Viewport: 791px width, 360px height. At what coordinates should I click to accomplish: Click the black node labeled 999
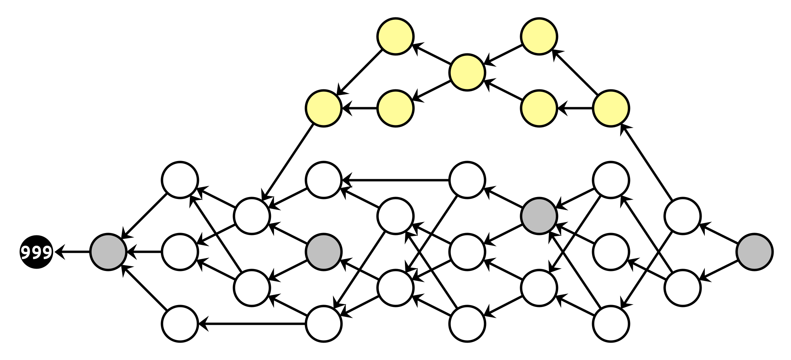[36, 252]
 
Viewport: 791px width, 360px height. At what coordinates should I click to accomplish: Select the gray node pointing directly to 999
[108, 252]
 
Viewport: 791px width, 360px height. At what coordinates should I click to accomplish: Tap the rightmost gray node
[754, 252]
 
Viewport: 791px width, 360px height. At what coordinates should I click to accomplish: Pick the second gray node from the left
[324, 252]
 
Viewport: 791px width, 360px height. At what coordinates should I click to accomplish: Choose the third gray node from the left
[539, 216]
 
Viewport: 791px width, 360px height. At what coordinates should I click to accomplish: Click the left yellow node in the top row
[395, 36]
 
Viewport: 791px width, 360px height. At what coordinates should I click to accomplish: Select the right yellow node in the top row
[539, 36]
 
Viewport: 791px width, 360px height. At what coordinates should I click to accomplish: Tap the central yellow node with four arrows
[467, 72]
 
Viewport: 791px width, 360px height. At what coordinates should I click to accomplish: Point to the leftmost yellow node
[324, 108]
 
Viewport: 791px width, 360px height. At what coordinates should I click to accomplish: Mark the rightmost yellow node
[611, 108]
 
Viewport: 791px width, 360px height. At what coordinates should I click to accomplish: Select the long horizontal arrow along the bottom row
[253, 324]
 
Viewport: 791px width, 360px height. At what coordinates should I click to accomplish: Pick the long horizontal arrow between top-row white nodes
[395, 180]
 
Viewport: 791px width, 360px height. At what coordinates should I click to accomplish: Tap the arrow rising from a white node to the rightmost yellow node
[647, 162]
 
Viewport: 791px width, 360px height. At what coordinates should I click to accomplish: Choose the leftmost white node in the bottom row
[180, 324]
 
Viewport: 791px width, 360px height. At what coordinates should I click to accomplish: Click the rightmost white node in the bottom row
[611, 324]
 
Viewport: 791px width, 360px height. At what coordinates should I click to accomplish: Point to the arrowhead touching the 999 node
[59, 252]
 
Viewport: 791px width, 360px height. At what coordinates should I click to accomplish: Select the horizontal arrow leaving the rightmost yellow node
[575, 108]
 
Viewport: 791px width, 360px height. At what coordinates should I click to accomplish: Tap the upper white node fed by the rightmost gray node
[683, 216]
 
